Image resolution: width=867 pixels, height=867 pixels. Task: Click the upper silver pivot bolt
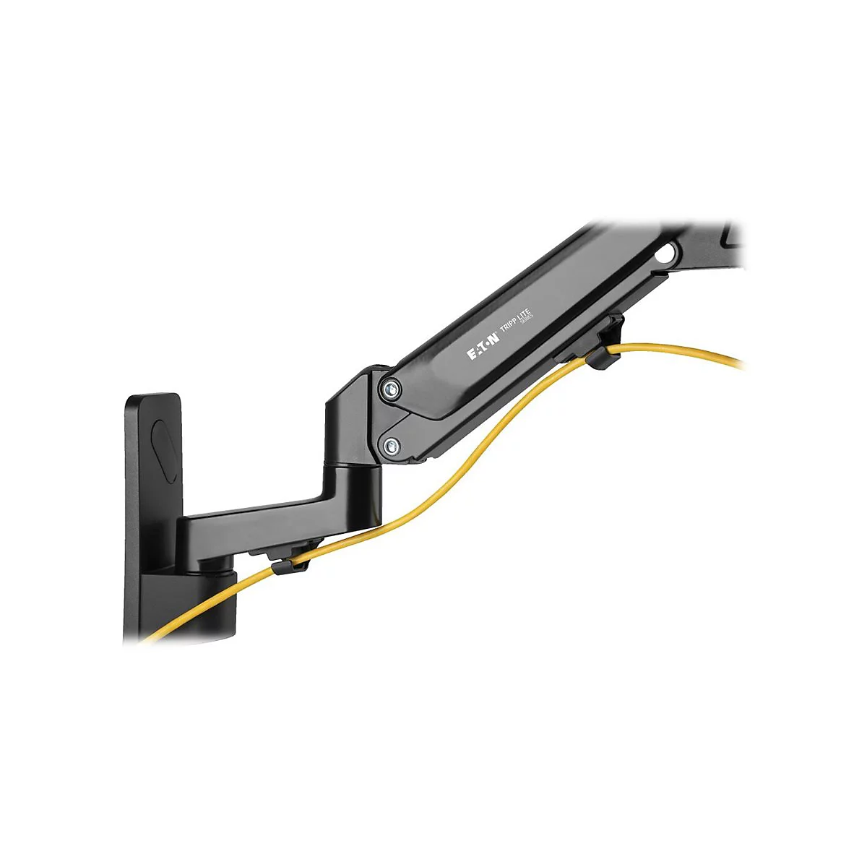391,389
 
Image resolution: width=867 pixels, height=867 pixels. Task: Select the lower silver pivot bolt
391,445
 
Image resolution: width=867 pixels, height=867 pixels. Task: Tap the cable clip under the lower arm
286,562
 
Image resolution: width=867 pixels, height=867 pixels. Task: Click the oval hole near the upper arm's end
669,254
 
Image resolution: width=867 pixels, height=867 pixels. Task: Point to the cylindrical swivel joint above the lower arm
352,491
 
